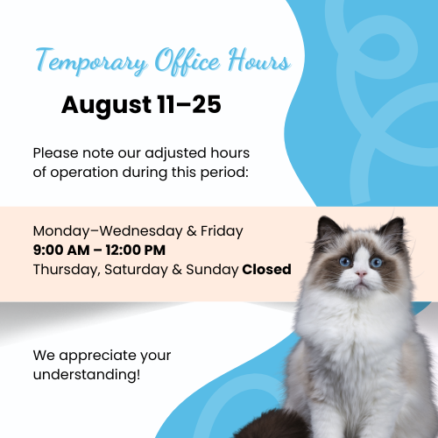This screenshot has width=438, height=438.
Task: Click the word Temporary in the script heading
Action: click(x=91, y=62)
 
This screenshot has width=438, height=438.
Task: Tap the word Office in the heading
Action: click(x=187, y=60)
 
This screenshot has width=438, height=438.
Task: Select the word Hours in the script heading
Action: click(x=259, y=60)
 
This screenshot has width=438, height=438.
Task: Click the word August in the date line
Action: click(x=107, y=106)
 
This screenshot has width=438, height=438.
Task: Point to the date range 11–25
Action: click(x=189, y=104)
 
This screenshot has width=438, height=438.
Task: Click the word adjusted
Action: click(x=175, y=154)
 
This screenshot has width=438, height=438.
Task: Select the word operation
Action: click(x=84, y=173)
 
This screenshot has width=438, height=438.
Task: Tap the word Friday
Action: click(x=222, y=231)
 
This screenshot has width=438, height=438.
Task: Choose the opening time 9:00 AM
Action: click(x=61, y=251)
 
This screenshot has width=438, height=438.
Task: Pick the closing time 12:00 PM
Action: click(x=136, y=251)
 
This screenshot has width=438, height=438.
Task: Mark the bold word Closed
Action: click(x=266, y=269)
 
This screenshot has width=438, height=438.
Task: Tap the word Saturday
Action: click(x=136, y=270)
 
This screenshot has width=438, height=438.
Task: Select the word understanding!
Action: click(x=87, y=374)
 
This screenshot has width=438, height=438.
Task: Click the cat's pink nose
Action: click(x=361, y=273)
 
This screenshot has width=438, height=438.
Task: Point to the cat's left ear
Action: click(x=329, y=230)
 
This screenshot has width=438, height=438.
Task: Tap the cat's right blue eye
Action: click(x=376, y=262)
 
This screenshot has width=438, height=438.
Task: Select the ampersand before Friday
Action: click(x=192, y=231)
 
